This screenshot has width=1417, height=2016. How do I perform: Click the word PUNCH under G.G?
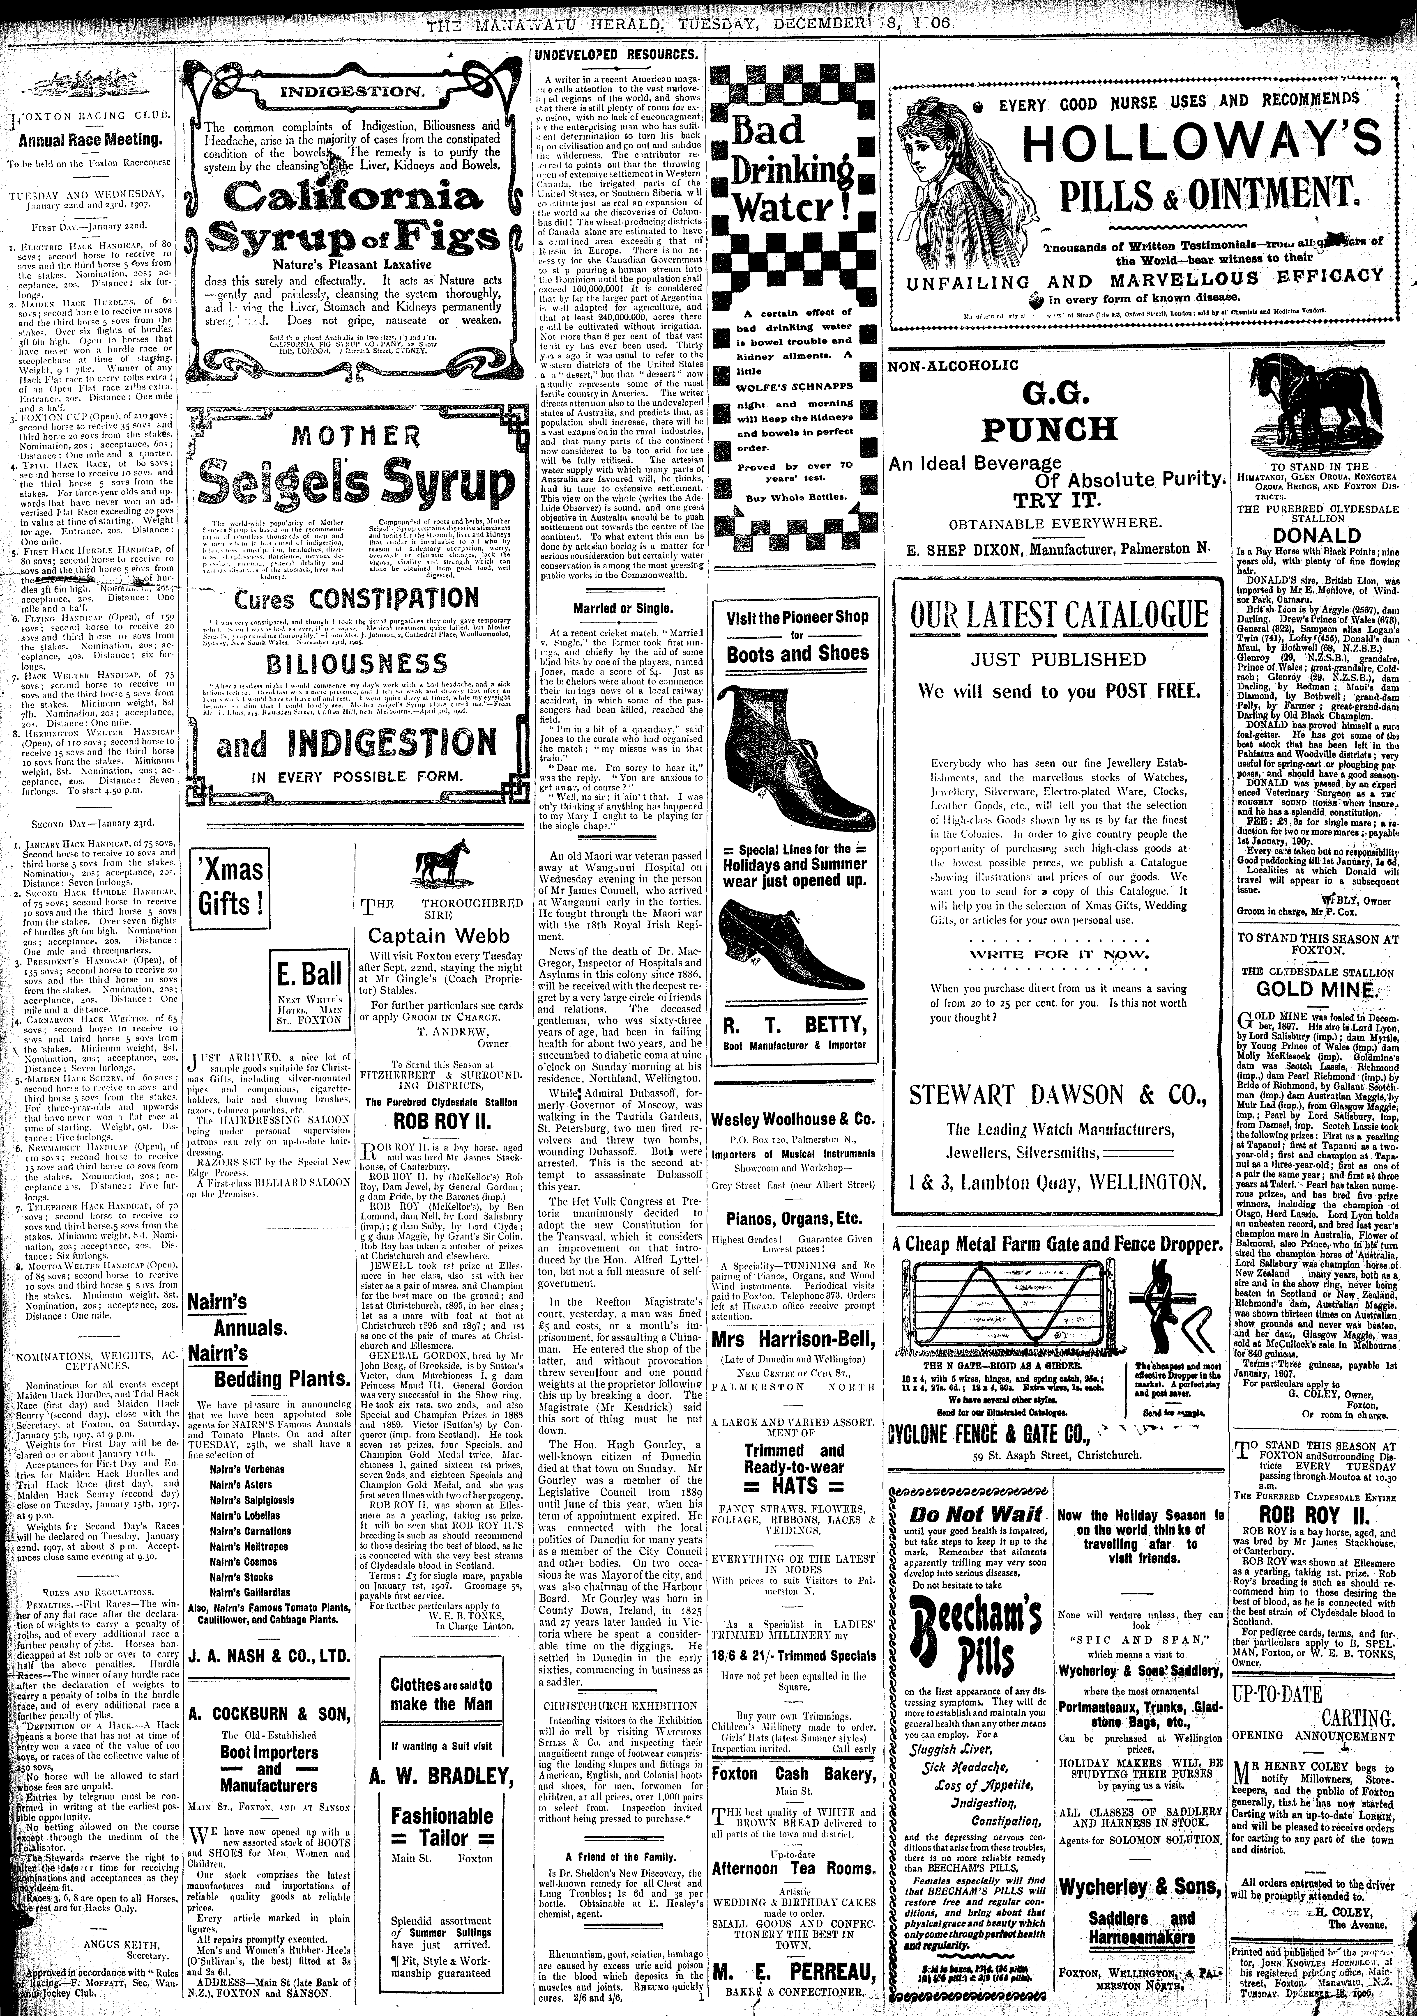pyautogui.click(x=1049, y=429)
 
